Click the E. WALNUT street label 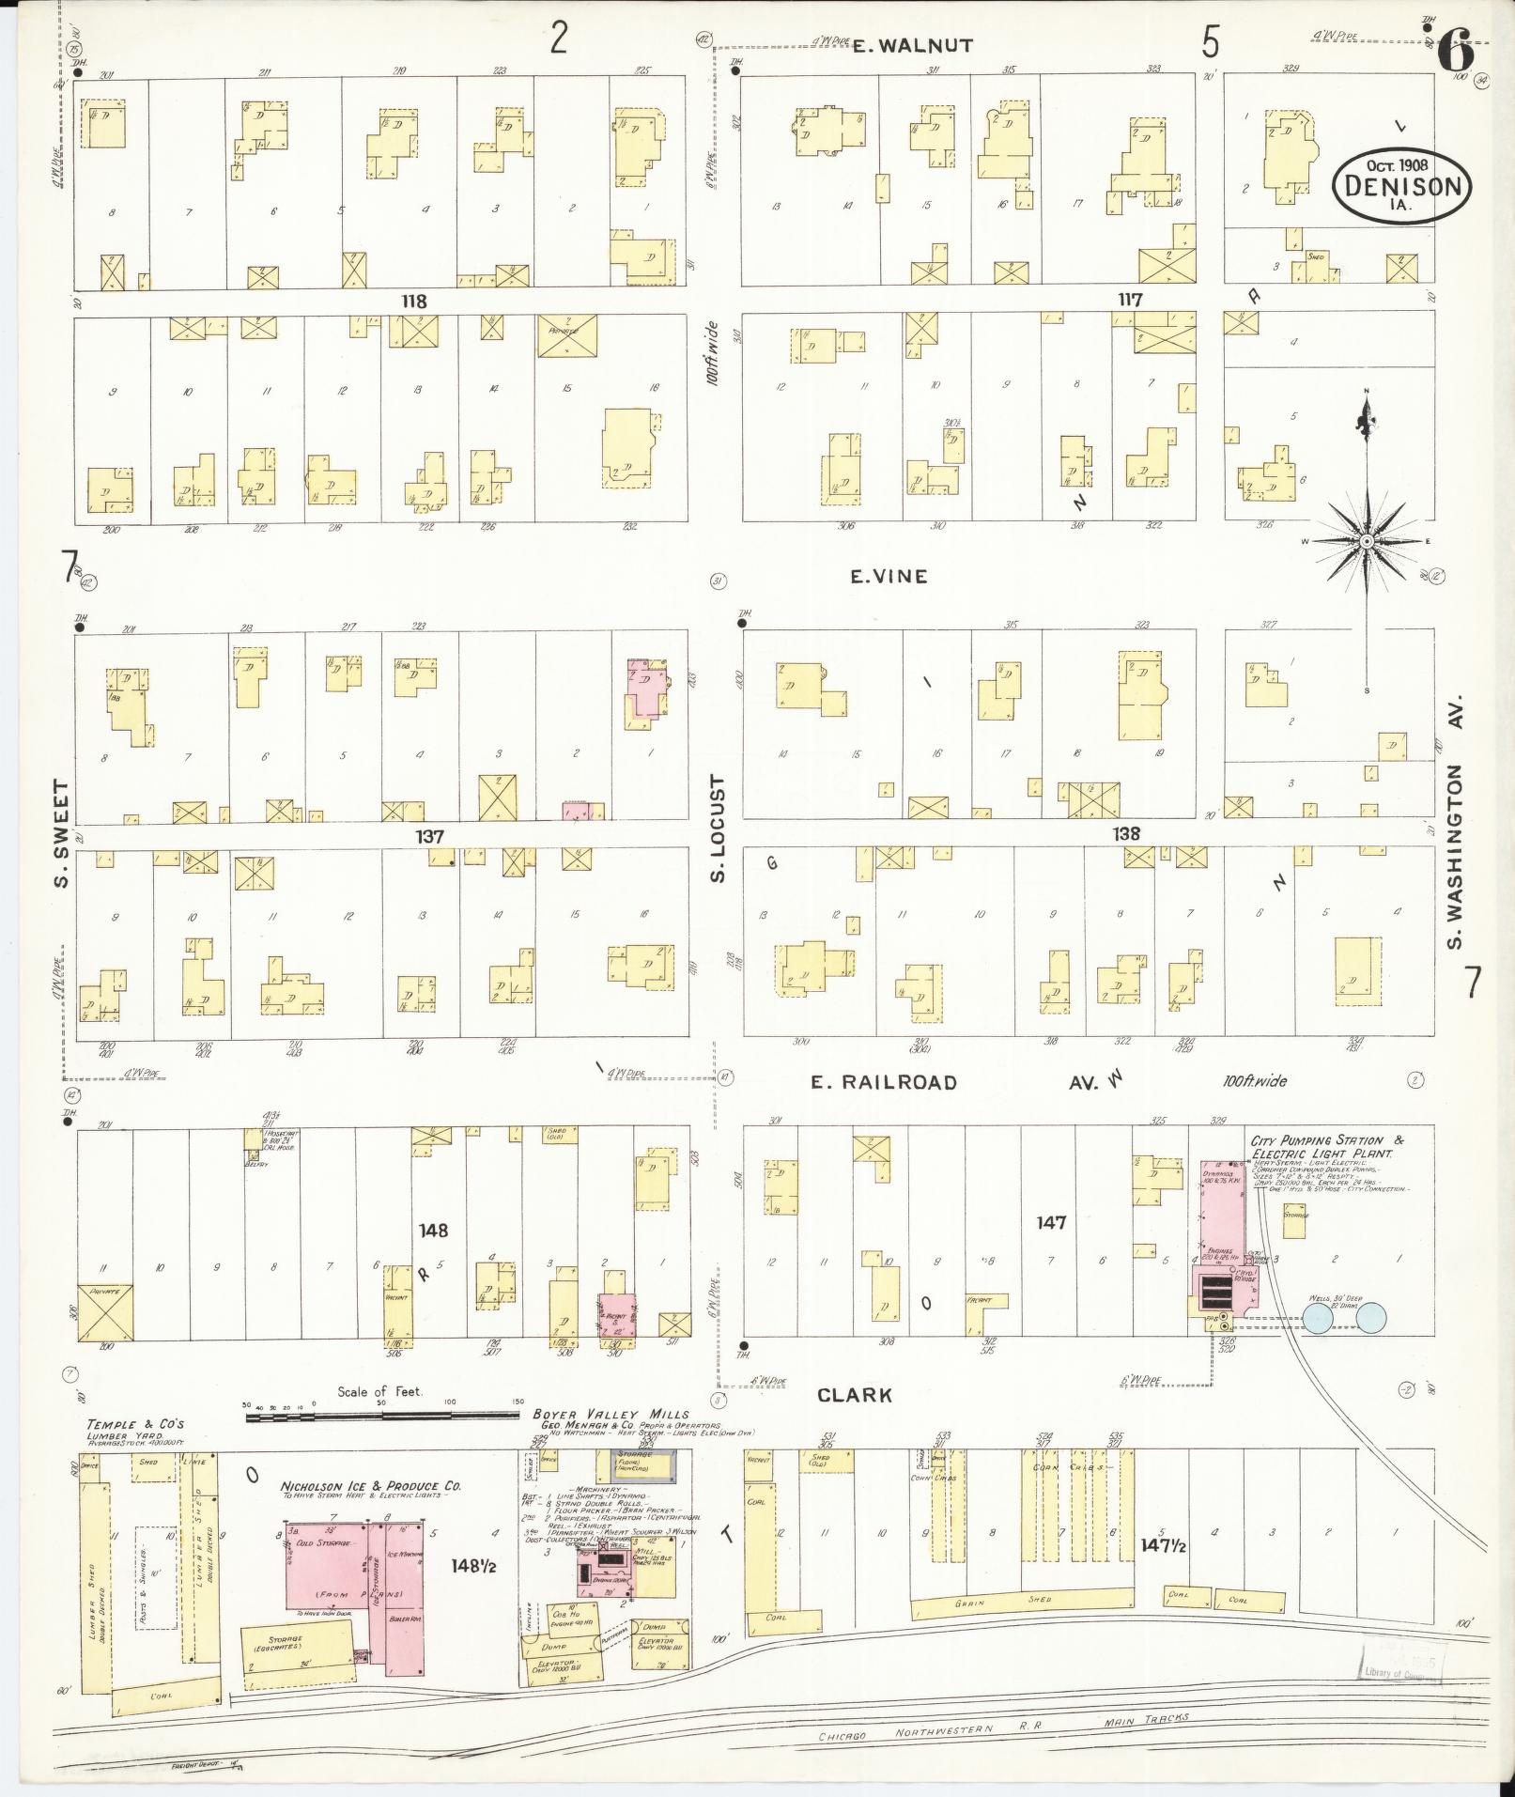pos(899,45)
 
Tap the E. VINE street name pos(889,577)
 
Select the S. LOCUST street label pos(719,829)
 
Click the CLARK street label pos(854,1396)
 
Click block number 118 pos(413,302)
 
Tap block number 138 pos(1126,833)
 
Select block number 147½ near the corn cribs pos(1162,1544)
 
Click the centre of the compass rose pos(1367,542)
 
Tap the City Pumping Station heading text pos(1326,1146)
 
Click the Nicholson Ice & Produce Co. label pos(370,1487)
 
